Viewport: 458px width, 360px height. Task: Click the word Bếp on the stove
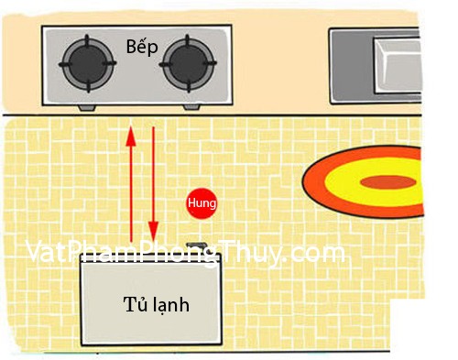tap(142, 48)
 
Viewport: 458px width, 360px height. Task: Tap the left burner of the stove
tap(88, 63)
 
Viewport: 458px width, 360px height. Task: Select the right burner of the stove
tap(188, 63)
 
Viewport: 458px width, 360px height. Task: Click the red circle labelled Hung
tap(202, 203)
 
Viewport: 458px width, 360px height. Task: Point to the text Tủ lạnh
tap(157, 304)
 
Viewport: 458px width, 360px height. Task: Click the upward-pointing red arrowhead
tap(131, 136)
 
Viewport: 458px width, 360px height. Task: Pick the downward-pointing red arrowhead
tap(153, 231)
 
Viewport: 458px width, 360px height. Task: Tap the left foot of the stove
tap(87, 108)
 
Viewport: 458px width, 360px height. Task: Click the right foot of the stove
tap(191, 107)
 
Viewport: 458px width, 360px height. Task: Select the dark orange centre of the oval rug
tap(388, 182)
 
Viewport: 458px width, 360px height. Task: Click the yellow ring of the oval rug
tap(336, 182)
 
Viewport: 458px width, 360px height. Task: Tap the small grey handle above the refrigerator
tap(196, 245)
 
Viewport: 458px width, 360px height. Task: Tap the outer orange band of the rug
tap(311, 182)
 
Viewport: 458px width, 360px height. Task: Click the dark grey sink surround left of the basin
tap(352, 65)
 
